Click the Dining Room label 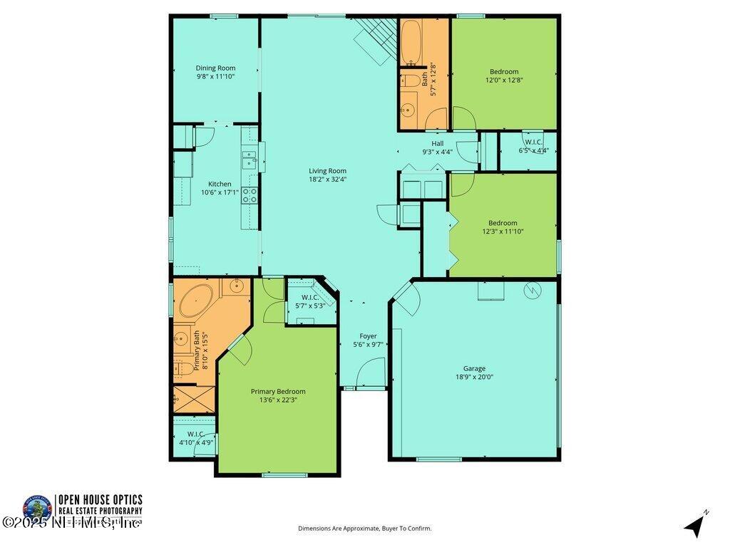click(x=215, y=68)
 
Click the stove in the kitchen click(x=250, y=195)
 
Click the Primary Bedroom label click(x=278, y=391)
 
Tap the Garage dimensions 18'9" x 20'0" click(x=474, y=377)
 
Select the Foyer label click(x=368, y=335)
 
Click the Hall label click(x=437, y=143)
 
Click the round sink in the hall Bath click(x=408, y=110)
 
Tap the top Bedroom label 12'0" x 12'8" click(x=503, y=71)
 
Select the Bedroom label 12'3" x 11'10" click(x=503, y=222)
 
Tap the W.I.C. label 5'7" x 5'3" click(x=309, y=297)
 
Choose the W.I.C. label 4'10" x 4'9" click(x=196, y=434)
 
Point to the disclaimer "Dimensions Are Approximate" click(x=364, y=528)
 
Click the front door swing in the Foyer click(x=372, y=373)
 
